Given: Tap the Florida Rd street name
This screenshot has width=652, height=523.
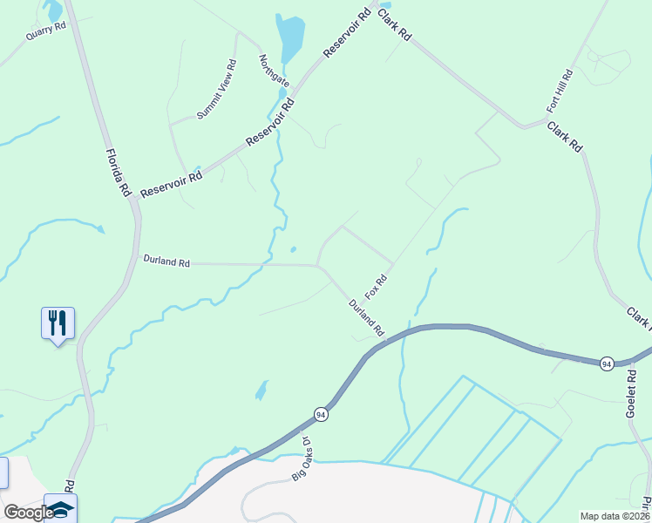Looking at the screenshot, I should [118, 172].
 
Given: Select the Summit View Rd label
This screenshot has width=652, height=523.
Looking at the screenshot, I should [216, 90].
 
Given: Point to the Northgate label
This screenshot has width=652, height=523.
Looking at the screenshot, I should [274, 71].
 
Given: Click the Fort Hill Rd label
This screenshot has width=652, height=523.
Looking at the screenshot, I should [559, 91].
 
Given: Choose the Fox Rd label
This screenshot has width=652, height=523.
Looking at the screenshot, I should [376, 287].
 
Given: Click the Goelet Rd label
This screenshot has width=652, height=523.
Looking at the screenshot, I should [632, 394].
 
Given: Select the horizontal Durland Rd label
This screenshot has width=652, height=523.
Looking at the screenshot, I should [166, 261].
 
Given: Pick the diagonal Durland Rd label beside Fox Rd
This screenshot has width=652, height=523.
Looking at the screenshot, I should [366, 318].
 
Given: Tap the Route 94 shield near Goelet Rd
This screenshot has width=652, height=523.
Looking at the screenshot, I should [607, 363].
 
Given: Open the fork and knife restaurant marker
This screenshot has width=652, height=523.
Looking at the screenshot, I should [58, 323].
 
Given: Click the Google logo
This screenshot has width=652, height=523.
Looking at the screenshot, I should [28, 513].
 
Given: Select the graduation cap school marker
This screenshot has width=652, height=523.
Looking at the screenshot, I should [61, 507].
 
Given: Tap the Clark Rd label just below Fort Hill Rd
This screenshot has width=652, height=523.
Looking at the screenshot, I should [564, 138].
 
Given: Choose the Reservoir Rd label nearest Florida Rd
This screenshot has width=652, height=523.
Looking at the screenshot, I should [171, 181].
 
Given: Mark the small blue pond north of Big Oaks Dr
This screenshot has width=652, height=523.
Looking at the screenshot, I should [261, 390].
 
